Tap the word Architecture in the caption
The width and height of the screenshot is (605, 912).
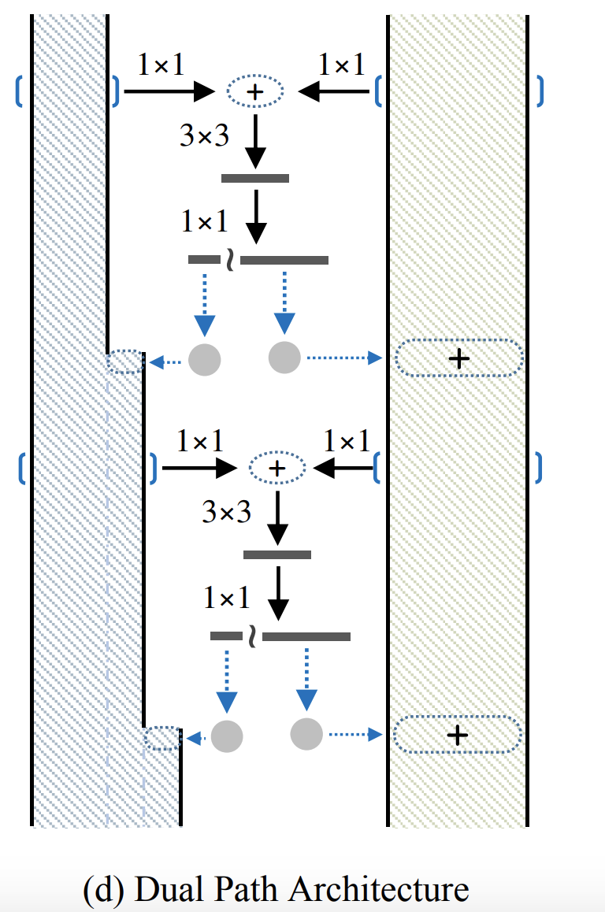tap(378, 889)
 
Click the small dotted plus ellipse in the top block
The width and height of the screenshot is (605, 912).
tap(254, 91)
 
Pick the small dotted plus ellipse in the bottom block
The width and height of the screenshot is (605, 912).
tap(277, 468)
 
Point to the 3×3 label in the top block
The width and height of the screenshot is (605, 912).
tap(205, 136)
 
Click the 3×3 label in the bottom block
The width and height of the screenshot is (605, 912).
tap(227, 513)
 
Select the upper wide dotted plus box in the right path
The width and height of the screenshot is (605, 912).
tap(458, 358)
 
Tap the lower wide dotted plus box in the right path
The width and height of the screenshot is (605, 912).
tap(457, 735)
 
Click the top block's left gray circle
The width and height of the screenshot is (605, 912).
tap(204, 359)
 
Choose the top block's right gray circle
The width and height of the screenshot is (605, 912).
tap(284, 358)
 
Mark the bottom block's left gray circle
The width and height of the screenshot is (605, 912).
tap(226, 736)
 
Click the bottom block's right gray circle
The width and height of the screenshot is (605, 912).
tap(306, 734)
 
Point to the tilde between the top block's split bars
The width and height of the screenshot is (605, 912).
tap(230, 259)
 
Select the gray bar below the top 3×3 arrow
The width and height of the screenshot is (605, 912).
tap(254, 178)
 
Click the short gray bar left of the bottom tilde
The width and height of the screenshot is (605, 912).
tap(226, 636)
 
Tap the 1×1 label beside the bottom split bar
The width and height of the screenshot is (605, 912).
tap(227, 599)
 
